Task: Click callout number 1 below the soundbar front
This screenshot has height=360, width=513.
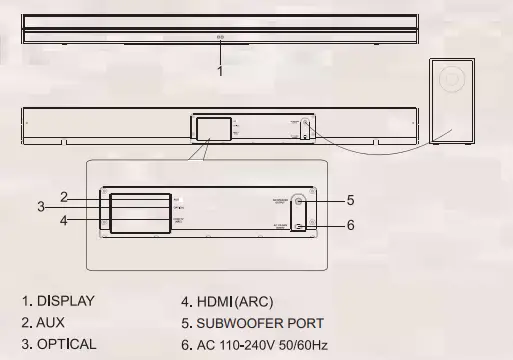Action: tap(220, 72)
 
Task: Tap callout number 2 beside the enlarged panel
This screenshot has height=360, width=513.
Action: tap(64, 197)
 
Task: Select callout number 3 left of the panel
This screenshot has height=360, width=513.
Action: tap(41, 207)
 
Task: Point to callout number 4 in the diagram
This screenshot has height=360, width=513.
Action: tap(64, 219)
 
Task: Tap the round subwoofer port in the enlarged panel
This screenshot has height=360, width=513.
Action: tap(299, 200)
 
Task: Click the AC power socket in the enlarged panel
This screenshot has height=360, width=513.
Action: tap(300, 226)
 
